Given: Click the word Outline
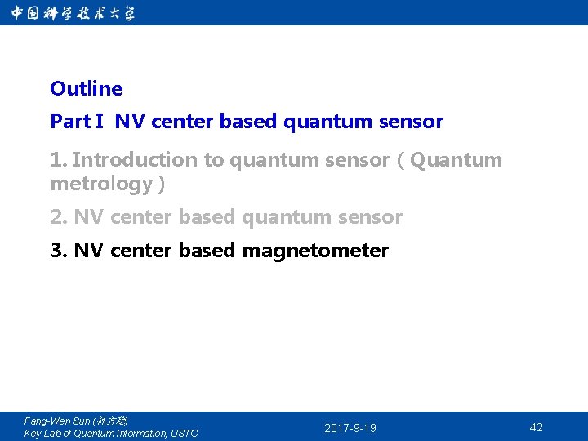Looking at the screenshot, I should (86, 88).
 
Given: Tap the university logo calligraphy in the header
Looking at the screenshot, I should (73, 13).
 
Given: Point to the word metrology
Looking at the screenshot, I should (101, 184).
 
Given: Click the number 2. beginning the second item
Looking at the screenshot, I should (59, 217).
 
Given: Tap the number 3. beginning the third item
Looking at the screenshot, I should (59, 251).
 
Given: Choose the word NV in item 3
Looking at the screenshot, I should (87, 251).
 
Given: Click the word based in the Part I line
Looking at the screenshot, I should (248, 122).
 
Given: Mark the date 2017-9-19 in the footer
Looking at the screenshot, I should (350, 428).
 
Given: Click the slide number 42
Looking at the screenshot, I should (536, 427).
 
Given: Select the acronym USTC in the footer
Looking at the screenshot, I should (184, 434).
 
